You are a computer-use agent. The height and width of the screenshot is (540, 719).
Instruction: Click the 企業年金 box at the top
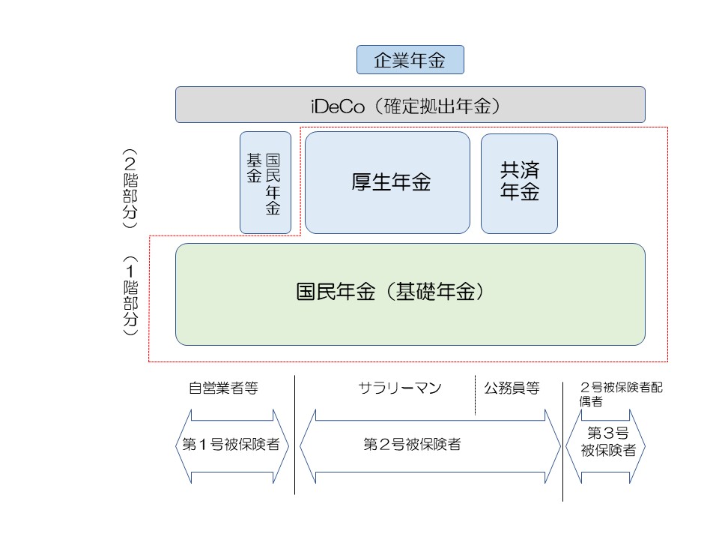pos(410,60)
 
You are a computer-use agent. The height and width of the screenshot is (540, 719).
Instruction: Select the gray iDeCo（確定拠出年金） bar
pos(410,104)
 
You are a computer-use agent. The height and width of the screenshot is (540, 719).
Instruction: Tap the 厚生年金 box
pos(387,183)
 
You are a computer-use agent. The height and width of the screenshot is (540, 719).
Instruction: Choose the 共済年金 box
pos(519,183)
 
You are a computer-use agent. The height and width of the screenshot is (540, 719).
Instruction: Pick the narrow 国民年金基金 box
pos(264,183)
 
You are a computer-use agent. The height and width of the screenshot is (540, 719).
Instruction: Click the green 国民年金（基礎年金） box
pos(410,294)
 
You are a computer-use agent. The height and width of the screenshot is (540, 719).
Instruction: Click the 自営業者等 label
pos(223,388)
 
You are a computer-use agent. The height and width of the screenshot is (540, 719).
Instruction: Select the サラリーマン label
pos(400,388)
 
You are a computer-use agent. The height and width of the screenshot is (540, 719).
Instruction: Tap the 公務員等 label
pos(512,388)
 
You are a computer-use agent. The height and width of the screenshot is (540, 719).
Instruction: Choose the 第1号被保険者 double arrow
pos(231,445)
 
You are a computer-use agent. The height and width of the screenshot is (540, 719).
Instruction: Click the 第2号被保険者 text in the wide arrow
pos(411,445)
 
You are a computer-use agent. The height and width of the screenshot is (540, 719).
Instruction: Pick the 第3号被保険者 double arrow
pos(605,445)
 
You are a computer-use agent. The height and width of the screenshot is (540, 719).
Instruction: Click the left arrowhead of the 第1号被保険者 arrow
pos(181,445)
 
